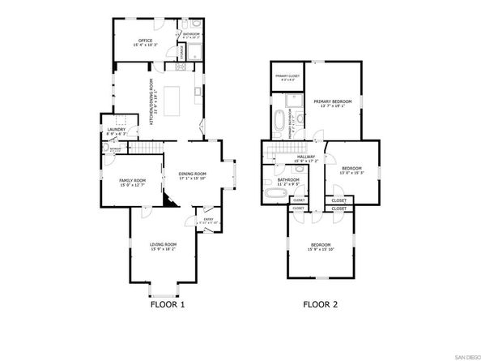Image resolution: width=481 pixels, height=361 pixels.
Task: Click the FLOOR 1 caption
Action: (x=168, y=306)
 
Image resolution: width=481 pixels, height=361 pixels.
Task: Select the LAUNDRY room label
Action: (x=115, y=129)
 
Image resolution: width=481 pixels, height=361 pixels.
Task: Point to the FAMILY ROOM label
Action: (x=132, y=180)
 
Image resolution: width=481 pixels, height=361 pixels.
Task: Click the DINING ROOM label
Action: (x=193, y=174)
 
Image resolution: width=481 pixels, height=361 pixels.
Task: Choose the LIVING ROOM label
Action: (x=163, y=243)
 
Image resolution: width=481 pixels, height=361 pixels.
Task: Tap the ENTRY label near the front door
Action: (x=208, y=218)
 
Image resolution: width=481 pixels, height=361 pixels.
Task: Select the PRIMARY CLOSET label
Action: (x=286, y=76)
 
